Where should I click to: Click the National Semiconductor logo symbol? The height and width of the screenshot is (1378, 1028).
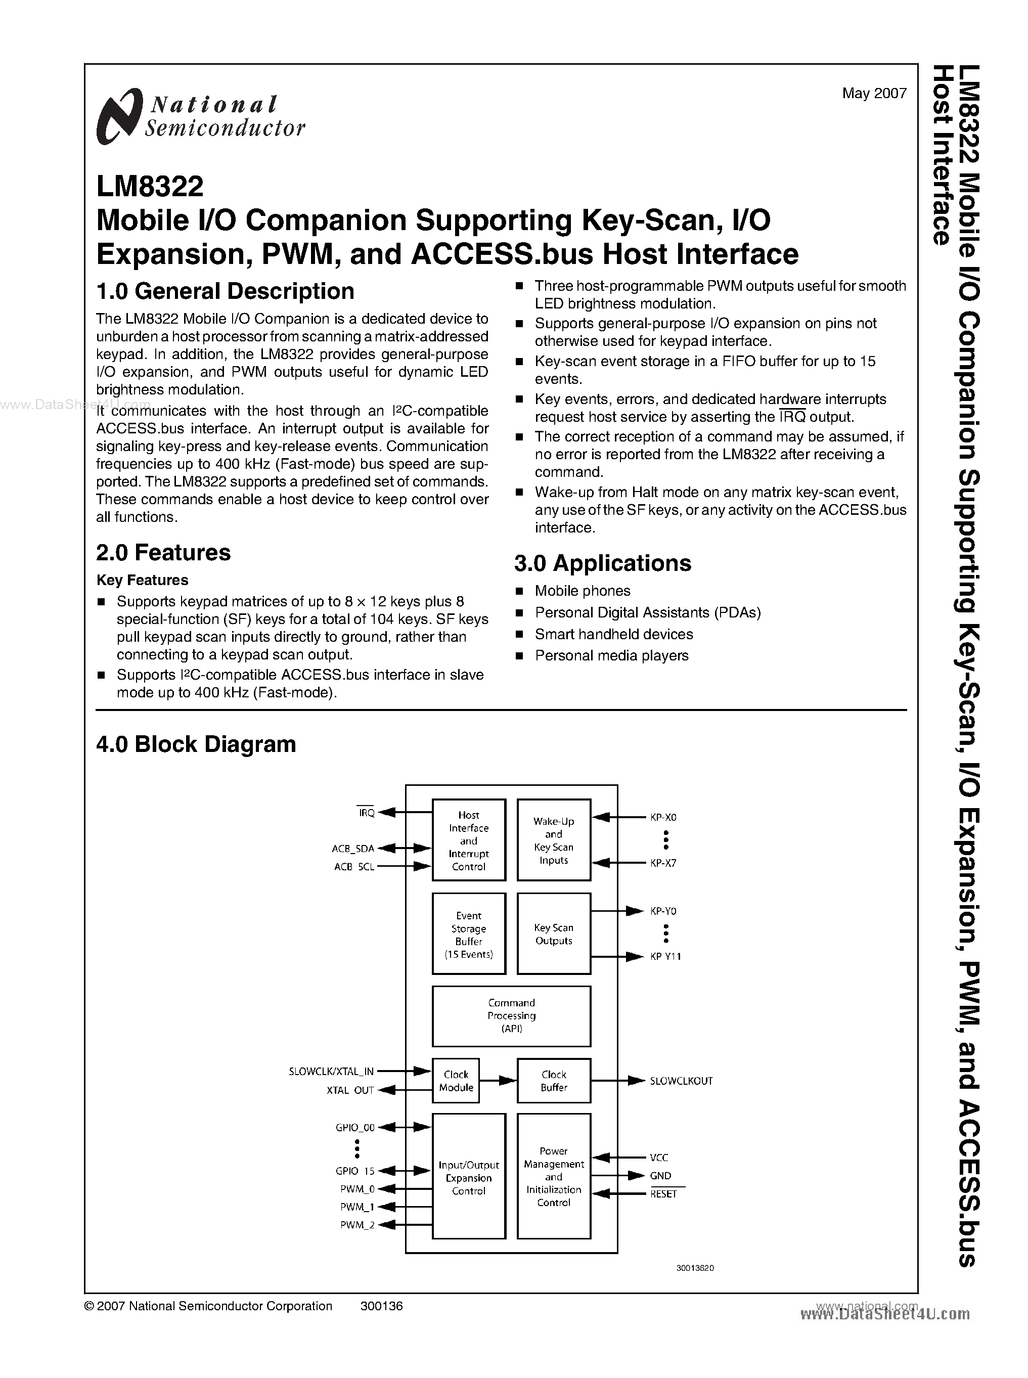point(117,116)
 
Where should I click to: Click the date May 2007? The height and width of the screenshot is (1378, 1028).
point(874,94)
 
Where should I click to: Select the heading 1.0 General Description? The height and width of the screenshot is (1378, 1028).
point(225,291)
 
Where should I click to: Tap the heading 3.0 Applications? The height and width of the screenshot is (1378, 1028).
point(602,563)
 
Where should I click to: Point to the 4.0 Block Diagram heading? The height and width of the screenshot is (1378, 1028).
point(196,744)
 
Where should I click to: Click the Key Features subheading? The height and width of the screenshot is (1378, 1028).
point(143,580)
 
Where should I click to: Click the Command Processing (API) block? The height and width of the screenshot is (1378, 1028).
point(511,1016)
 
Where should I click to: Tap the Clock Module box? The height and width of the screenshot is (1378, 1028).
point(456,1081)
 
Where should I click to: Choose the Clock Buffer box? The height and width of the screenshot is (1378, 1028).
point(553,1081)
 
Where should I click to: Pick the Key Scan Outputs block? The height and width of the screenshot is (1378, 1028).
point(553,934)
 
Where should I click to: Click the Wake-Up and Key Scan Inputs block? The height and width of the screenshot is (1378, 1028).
point(553,840)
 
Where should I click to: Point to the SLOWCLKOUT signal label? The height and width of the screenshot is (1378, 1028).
point(681,1081)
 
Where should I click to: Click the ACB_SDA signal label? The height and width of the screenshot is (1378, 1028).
point(353,849)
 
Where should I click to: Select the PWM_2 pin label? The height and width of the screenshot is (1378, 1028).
point(357,1225)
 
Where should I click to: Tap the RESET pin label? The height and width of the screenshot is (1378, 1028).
point(663,1194)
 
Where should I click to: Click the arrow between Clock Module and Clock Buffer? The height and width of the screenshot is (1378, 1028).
point(498,1081)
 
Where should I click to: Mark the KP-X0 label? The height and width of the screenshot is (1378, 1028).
point(663,817)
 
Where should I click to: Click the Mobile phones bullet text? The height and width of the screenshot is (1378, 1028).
point(583,591)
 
